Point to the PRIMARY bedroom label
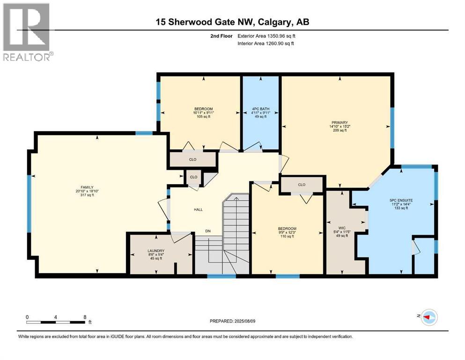[339, 122]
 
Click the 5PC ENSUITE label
[401, 200]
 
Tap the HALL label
[198, 210]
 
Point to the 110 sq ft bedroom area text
[287, 236]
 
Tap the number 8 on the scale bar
[85, 317]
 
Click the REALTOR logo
[27, 32]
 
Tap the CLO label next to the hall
[193, 177]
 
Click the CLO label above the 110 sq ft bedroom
[302, 185]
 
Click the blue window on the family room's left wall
[29, 203]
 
